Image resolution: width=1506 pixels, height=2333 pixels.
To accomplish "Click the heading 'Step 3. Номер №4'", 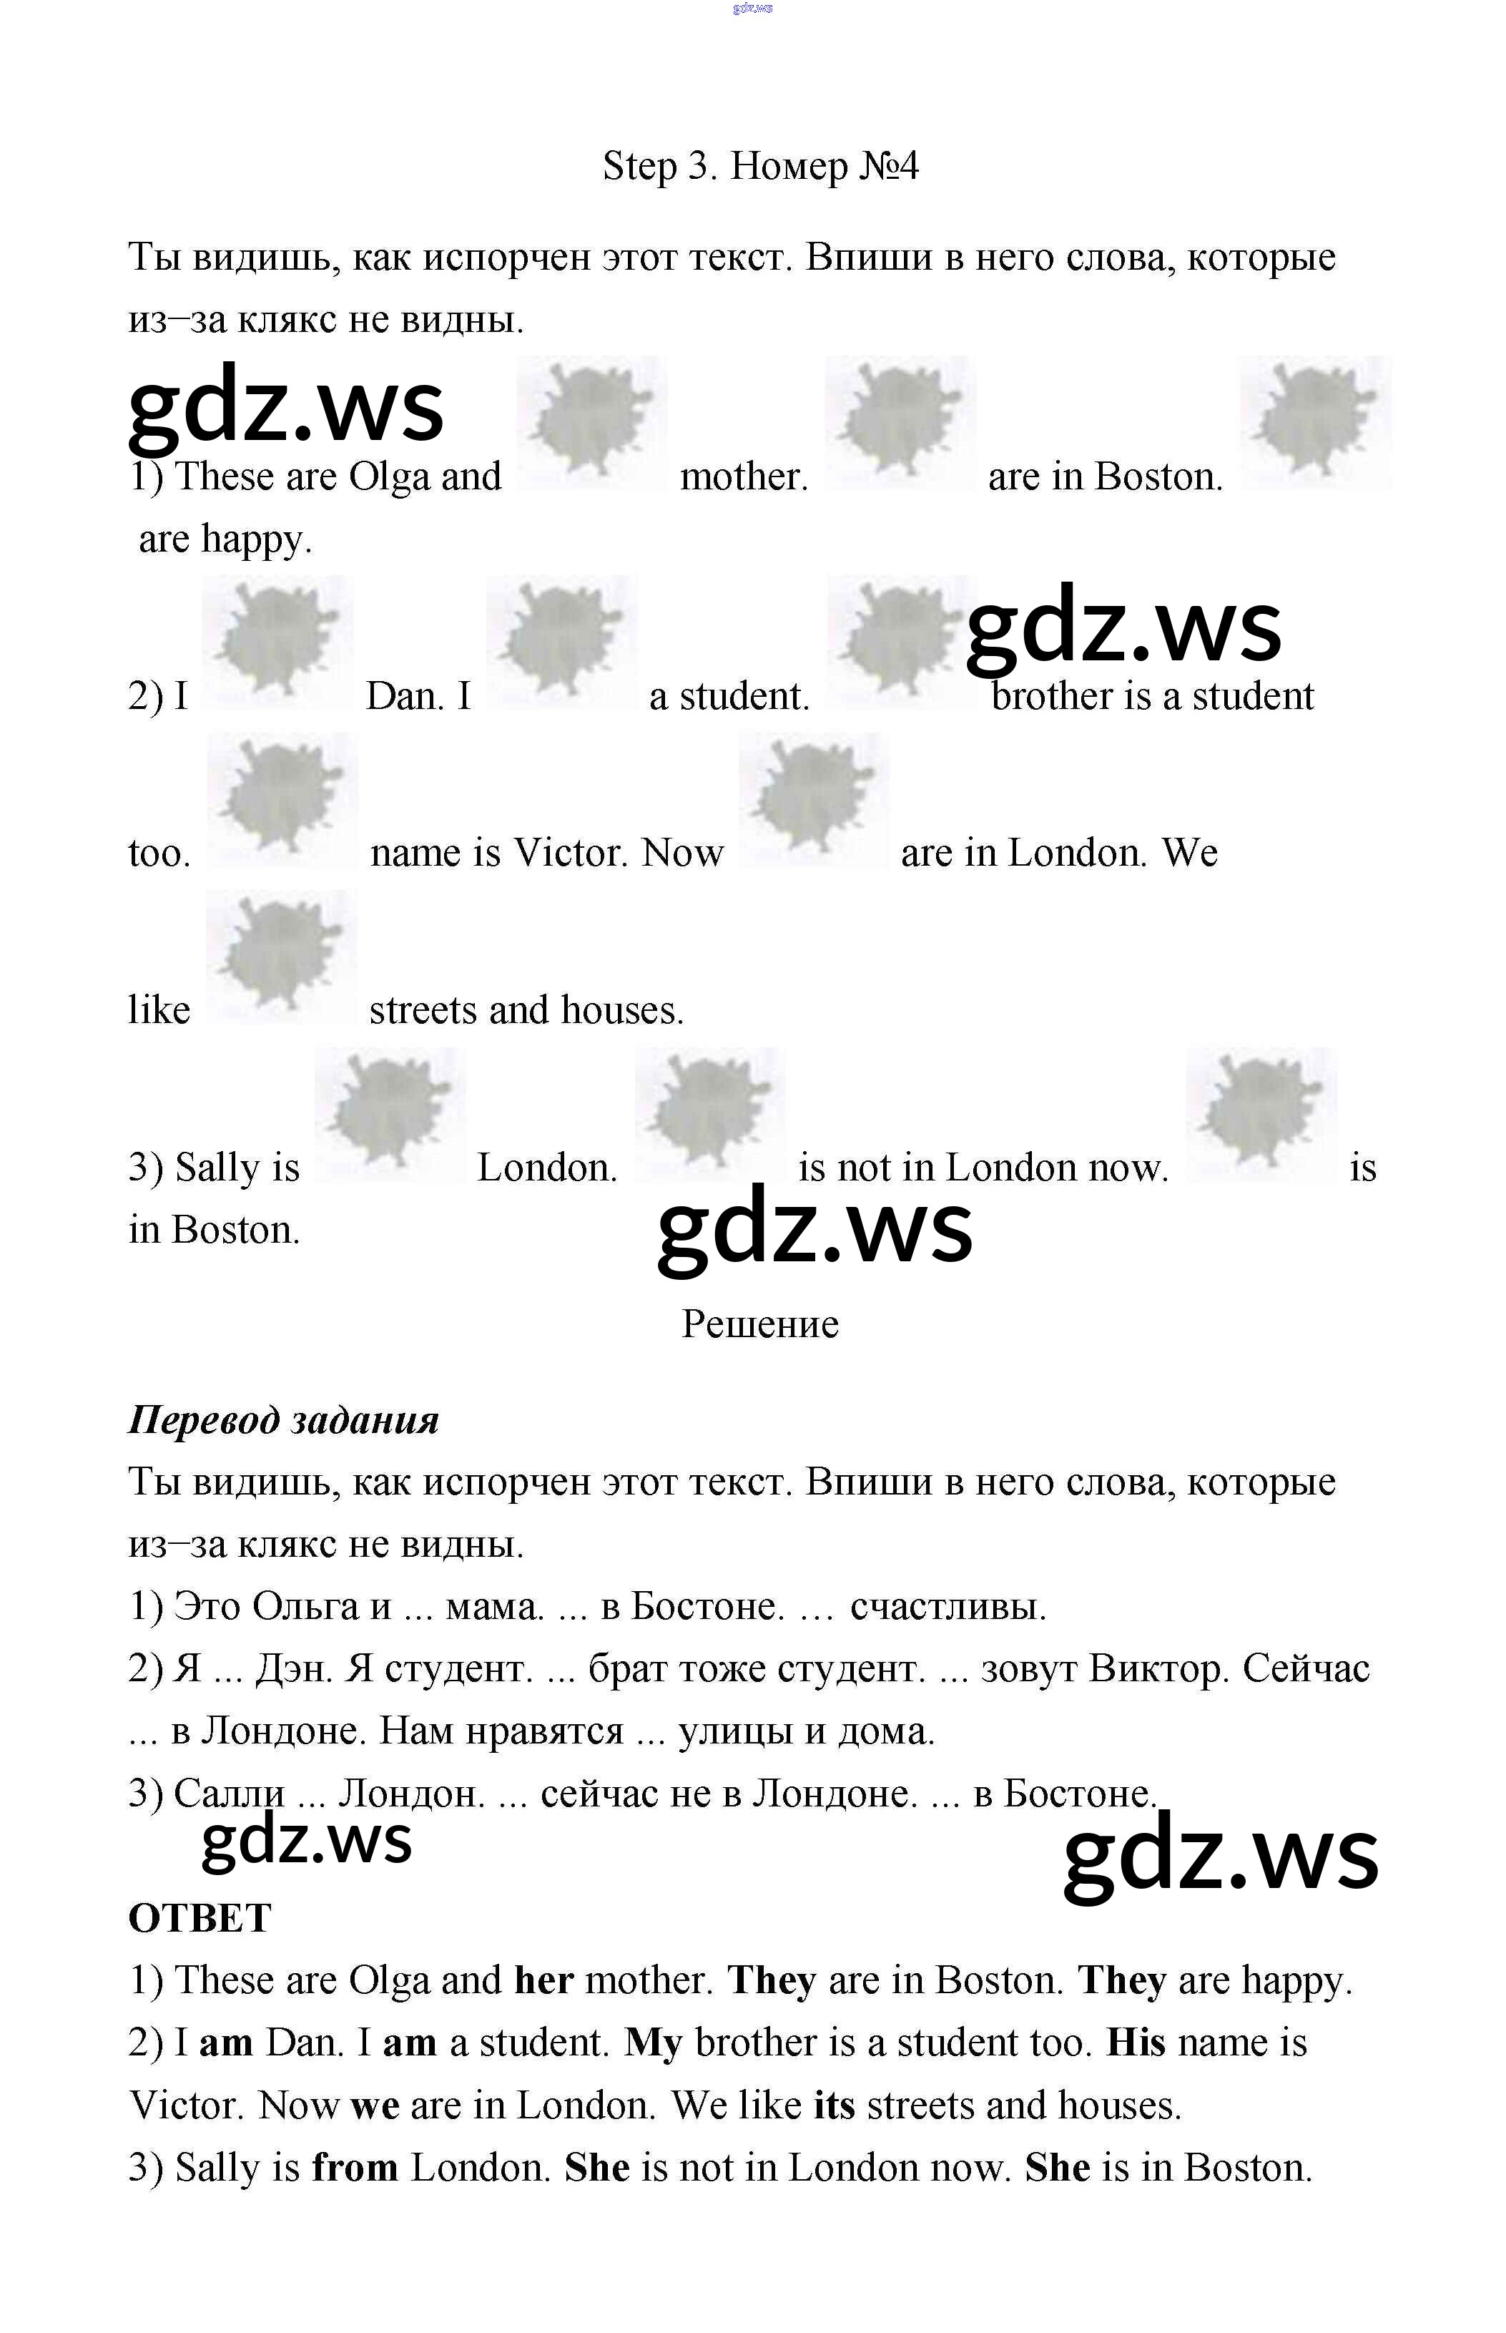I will point(760,167).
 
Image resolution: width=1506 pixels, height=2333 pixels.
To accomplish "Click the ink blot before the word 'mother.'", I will point(591,424).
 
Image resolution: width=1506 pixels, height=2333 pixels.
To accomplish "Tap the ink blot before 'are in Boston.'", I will point(899,424).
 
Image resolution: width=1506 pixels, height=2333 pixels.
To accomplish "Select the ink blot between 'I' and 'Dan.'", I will point(277,642).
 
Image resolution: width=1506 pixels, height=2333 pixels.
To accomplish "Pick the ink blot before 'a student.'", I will point(561,642).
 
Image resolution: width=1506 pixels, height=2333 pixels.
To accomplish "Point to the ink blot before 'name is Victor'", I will point(282,800).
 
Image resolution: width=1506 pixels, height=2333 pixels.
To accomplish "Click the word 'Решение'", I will point(760,1324).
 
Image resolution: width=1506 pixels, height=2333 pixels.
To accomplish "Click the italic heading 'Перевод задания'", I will point(284,1419).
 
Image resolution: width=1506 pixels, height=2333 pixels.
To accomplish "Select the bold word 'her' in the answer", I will point(543,1981).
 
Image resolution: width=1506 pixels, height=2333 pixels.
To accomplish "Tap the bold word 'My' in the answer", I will point(654,2043).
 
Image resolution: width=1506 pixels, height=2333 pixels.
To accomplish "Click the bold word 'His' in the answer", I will point(1136,2043).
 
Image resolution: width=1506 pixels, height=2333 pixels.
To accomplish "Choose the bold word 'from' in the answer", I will point(355,2168).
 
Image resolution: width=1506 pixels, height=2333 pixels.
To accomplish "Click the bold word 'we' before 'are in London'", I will point(375,2106).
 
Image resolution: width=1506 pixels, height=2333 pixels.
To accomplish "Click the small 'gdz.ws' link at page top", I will point(752,8).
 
